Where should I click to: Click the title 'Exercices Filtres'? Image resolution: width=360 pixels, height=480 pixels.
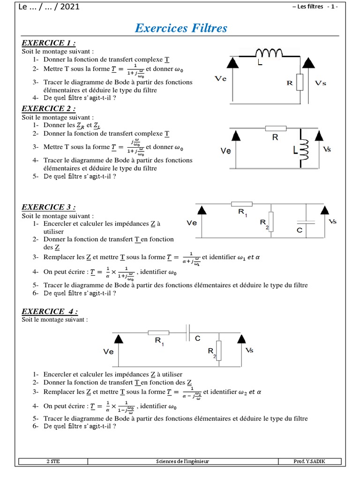coord(180,28)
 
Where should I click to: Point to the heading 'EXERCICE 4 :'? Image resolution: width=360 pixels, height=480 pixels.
coord(50,312)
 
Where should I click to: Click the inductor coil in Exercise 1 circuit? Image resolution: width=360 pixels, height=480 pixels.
coord(269,52)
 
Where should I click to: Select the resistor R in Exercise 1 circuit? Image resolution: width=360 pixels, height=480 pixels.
coord(300,82)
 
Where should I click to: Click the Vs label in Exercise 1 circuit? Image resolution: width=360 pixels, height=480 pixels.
coord(321,83)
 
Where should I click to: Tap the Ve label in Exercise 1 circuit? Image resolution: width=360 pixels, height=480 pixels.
coord(220,79)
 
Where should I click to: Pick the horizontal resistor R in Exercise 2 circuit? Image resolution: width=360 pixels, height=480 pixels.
coord(276,128)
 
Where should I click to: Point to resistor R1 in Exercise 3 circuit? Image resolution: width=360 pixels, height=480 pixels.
coord(242,204)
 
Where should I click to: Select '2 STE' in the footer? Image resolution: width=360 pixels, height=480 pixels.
coord(53,461)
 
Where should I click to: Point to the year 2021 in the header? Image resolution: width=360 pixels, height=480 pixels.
coord(69,7)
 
